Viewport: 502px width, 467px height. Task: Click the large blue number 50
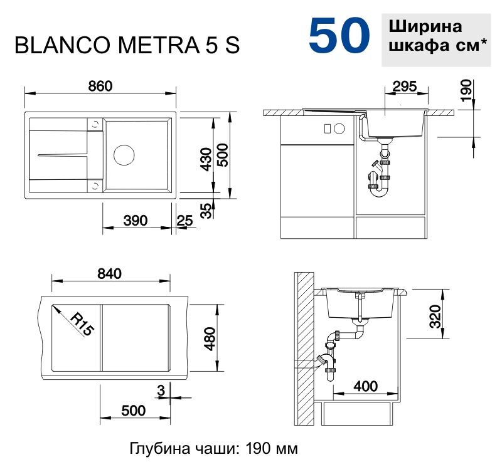339,36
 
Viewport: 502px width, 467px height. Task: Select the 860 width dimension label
100,87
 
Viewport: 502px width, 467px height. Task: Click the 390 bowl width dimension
135,220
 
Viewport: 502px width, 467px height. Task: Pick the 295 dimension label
403,88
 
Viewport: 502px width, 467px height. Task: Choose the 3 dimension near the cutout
161,391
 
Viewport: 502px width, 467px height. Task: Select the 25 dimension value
184,220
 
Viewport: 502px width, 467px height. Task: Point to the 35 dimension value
206,211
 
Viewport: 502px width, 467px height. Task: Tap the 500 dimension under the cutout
133,411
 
